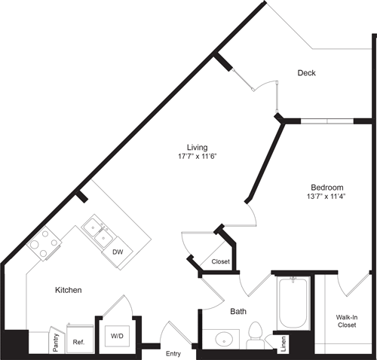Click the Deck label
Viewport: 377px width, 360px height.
(306, 73)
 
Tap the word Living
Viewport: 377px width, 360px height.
(198, 147)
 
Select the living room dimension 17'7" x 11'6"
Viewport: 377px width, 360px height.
(198, 157)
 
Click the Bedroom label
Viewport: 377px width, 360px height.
(327, 188)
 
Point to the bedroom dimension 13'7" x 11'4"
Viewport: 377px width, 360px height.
(327, 198)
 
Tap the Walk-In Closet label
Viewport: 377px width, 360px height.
(346, 322)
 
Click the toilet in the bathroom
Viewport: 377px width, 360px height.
(255, 334)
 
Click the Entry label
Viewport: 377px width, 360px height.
(173, 352)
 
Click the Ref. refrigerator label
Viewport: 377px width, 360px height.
(78, 340)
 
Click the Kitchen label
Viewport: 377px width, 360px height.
(68, 289)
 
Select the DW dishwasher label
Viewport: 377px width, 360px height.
(118, 252)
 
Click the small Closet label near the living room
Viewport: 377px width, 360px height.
(220, 262)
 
